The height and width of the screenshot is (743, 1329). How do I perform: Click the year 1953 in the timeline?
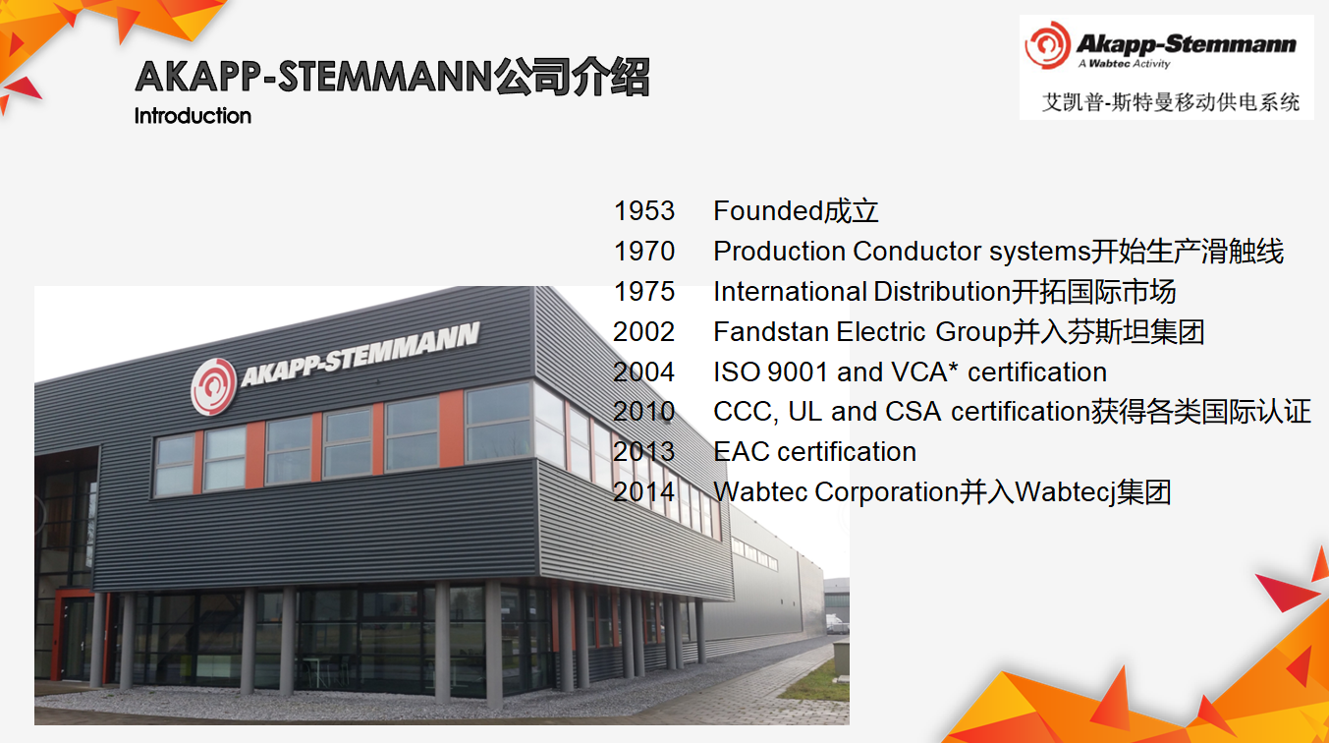tap(644, 211)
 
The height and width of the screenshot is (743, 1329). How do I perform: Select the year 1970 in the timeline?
tap(644, 252)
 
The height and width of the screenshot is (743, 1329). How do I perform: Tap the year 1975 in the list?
tap(644, 292)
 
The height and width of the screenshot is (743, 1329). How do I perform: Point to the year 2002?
tap(643, 332)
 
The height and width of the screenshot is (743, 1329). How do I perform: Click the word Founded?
tap(767, 211)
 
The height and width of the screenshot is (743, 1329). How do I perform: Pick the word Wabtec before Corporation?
tap(760, 492)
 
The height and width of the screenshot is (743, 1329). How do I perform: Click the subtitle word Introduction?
tap(193, 116)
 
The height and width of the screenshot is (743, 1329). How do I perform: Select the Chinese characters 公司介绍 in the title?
tap(573, 77)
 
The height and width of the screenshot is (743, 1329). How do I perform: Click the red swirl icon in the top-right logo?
tap(1048, 45)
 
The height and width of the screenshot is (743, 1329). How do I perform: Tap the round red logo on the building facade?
tap(213, 387)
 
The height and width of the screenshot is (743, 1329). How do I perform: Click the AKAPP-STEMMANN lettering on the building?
tap(360, 355)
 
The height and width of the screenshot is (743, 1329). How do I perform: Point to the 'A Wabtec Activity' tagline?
tap(1124, 64)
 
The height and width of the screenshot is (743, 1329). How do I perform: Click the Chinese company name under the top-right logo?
tap(1171, 102)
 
